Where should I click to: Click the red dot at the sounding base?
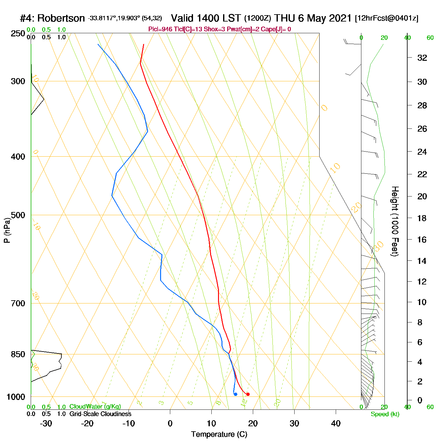[248, 394]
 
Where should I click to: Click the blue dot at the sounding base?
[235, 394]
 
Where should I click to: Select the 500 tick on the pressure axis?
[18, 215]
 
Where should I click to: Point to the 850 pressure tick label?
[18, 354]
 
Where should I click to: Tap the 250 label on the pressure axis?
[18, 34]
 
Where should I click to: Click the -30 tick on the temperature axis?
[46, 423]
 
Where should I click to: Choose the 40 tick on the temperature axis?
[336, 423]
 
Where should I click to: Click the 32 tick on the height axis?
[422, 58]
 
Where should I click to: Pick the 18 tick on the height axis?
[422, 218]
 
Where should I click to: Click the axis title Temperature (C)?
[219, 434]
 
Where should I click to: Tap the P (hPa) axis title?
[7, 230]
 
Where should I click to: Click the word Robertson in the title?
[61, 18]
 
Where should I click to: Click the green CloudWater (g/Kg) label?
[95, 407]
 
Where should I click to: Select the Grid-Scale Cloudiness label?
[100, 414]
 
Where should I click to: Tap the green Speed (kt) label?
[385, 414]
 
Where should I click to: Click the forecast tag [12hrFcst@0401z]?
[387, 18]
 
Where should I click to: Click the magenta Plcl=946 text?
[160, 29]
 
